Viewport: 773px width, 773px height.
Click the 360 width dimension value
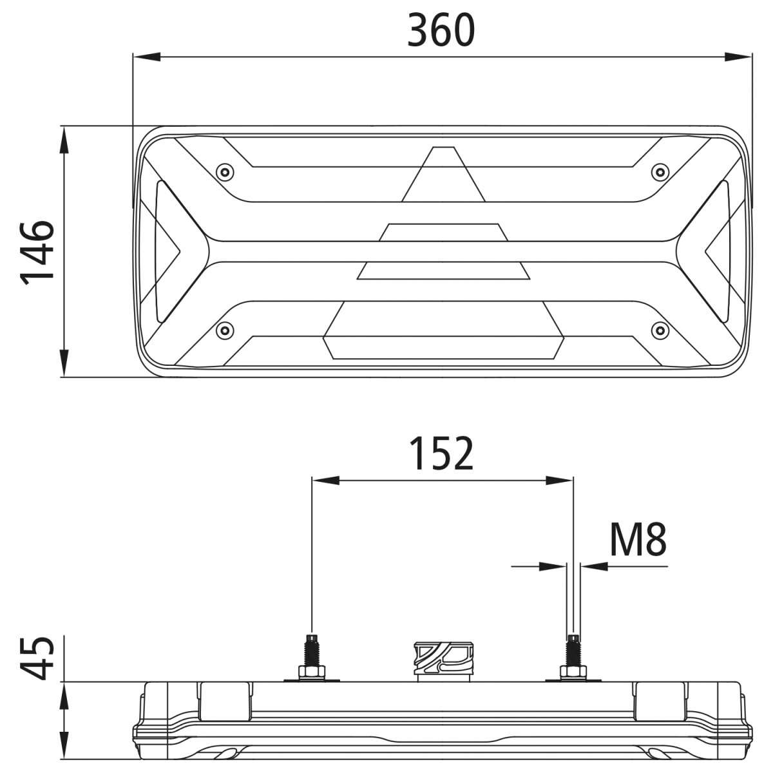point(441,30)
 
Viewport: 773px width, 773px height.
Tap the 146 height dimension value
point(37,252)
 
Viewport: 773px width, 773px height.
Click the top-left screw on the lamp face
point(224,171)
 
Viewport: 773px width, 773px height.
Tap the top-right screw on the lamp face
point(660,172)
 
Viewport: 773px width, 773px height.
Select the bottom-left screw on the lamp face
point(224,330)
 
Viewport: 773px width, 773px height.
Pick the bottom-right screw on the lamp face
point(660,330)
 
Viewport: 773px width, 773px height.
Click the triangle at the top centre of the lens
point(443,175)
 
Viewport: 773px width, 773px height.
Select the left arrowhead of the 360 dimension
point(146,57)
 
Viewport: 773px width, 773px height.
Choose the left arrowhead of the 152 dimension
point(325,480)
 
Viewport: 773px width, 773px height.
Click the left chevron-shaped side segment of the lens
point(167,251)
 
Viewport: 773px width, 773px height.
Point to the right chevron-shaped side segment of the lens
point(719,251)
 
